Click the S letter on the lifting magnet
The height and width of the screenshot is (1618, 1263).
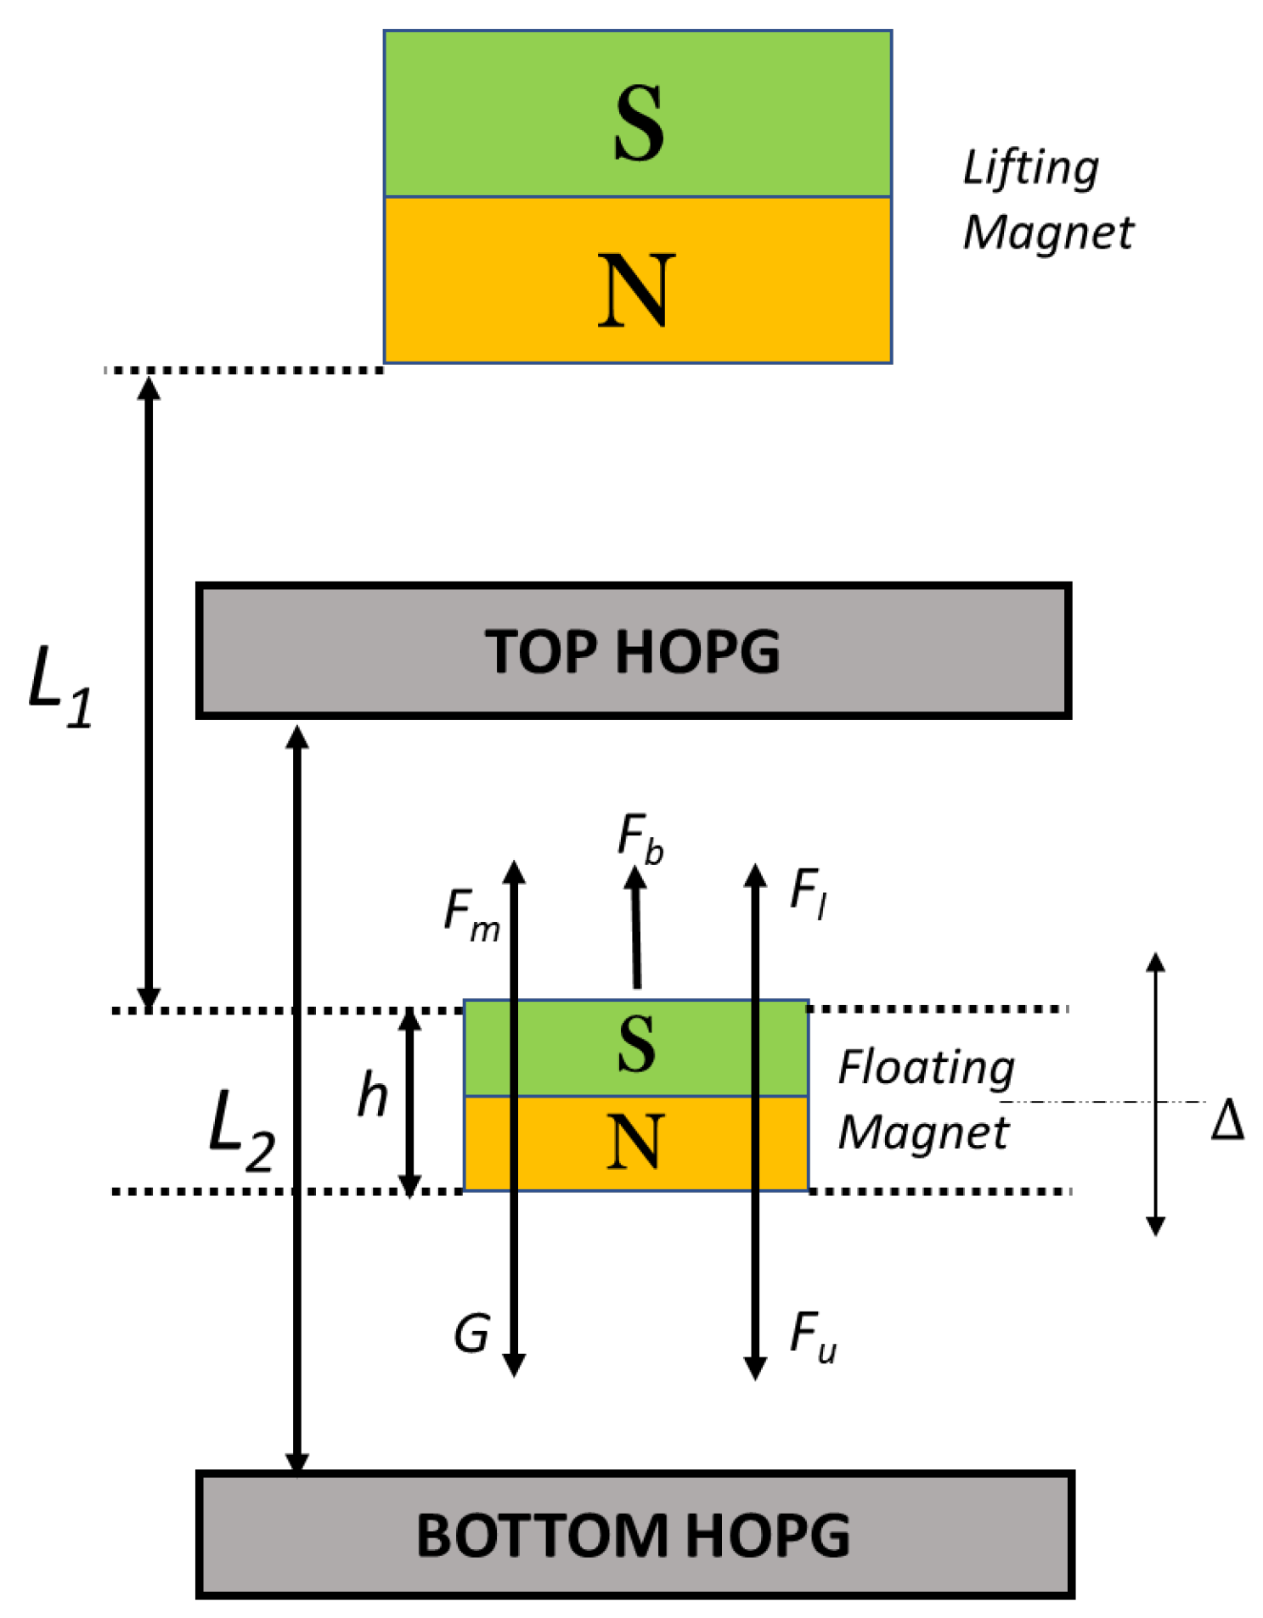[638, 123]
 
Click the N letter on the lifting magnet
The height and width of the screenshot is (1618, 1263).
[636, 291]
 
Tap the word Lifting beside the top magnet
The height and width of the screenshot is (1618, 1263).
[1030, 168]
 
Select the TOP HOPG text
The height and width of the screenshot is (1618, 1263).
[632, 652]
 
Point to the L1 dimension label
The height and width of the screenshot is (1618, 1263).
[59, 686]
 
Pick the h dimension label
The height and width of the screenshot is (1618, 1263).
[373, 1095]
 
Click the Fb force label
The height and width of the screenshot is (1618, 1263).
[640, 838]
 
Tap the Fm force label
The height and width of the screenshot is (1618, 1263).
[471, 916]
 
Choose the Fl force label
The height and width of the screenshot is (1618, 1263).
[808, 894]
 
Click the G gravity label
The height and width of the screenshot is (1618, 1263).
[471, 1334]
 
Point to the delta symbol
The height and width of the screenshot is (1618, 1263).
[1227, 1121]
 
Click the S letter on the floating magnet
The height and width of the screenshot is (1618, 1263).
[636, 1046]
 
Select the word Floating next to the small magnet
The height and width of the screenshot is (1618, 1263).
[926, 1068]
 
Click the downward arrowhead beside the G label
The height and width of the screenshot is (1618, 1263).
[514, 1364]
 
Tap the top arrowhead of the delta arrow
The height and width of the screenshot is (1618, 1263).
[1155, 963]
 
